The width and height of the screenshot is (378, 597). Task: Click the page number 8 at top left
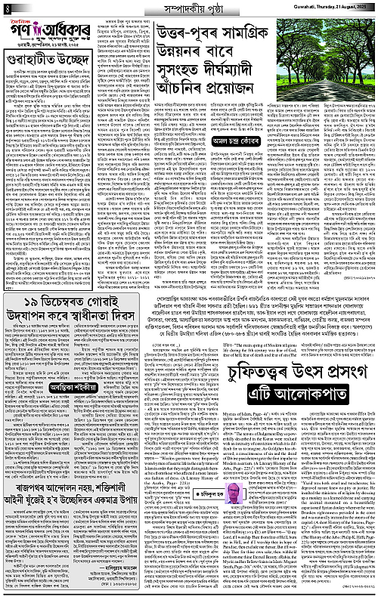[7, 8]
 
